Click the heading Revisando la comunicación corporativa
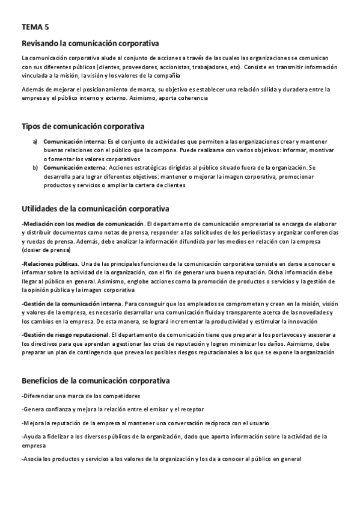(x=90, y=43)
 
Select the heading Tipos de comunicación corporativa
(x=83, y=126)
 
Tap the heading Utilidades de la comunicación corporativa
(x=95, y=208)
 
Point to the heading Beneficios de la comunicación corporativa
(x=96, y=381)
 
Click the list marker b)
(x=35, y=167)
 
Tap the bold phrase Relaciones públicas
(x=50, y=263)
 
